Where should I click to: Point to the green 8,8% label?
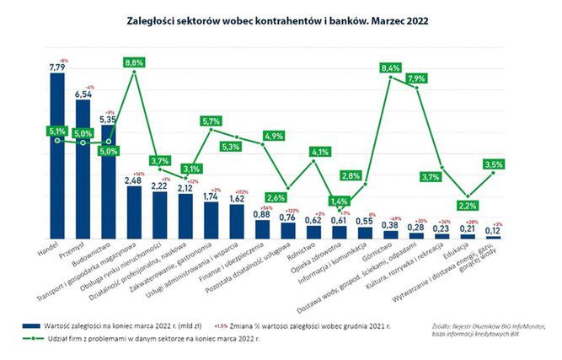pyautogui.click(x=135, y=62)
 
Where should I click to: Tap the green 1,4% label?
pyautogui.click(x=340, y=201)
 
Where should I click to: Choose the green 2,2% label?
pyautogui.click(x=468, y=205)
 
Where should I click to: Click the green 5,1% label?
pyautogui.click(x=57, y=131)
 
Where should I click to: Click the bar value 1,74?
pyautogui.click(x=211, y=196)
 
